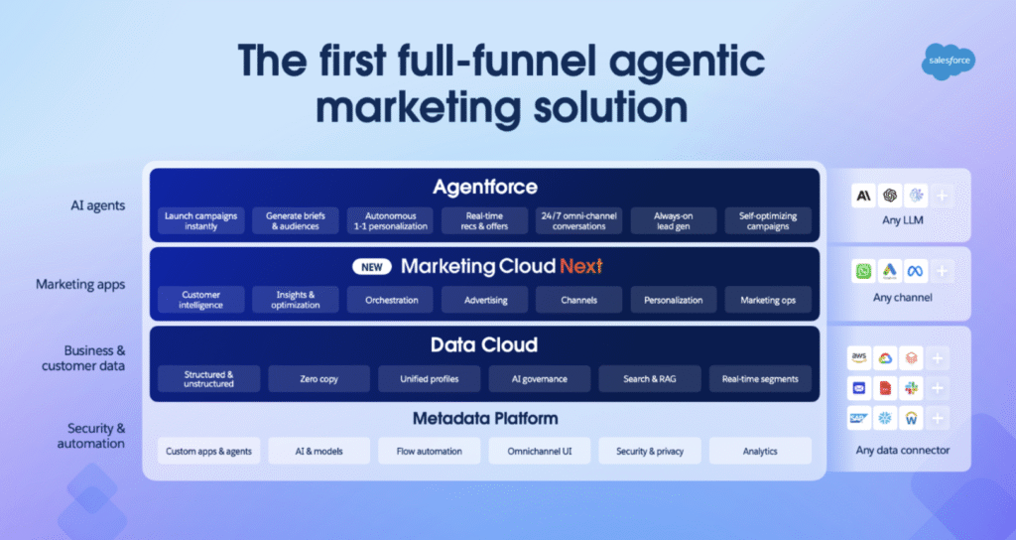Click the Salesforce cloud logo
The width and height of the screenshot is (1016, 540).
[949, 61]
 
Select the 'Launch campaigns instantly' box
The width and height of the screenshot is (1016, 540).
[200, 221]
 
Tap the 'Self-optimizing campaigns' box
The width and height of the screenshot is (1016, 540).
[768, 221]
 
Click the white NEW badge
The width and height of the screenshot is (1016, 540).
[372, 267]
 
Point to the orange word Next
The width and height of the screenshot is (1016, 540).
[581, 266]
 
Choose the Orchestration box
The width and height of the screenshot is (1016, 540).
[390, 300]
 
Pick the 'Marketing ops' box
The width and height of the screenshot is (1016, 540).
[768, 300]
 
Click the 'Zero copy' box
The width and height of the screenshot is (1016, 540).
[318, 379]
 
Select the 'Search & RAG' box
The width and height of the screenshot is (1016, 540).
[650, 379]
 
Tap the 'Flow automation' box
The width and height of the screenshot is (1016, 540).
[430, 452]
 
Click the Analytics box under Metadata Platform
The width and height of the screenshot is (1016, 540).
[760, 452]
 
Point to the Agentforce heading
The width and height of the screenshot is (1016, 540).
[485, 188]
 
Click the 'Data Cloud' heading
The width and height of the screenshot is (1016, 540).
[484, 344]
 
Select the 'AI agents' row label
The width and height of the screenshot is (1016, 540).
[98, 206]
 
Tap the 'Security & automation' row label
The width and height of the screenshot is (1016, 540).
[90, 436]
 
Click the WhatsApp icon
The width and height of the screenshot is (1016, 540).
[864, 271]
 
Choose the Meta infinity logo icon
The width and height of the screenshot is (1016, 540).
[916, 271]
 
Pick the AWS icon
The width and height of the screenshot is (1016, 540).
[859, 357]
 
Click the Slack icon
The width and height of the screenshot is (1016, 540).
[911, 388]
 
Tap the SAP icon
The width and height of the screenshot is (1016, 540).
[859, 418]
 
